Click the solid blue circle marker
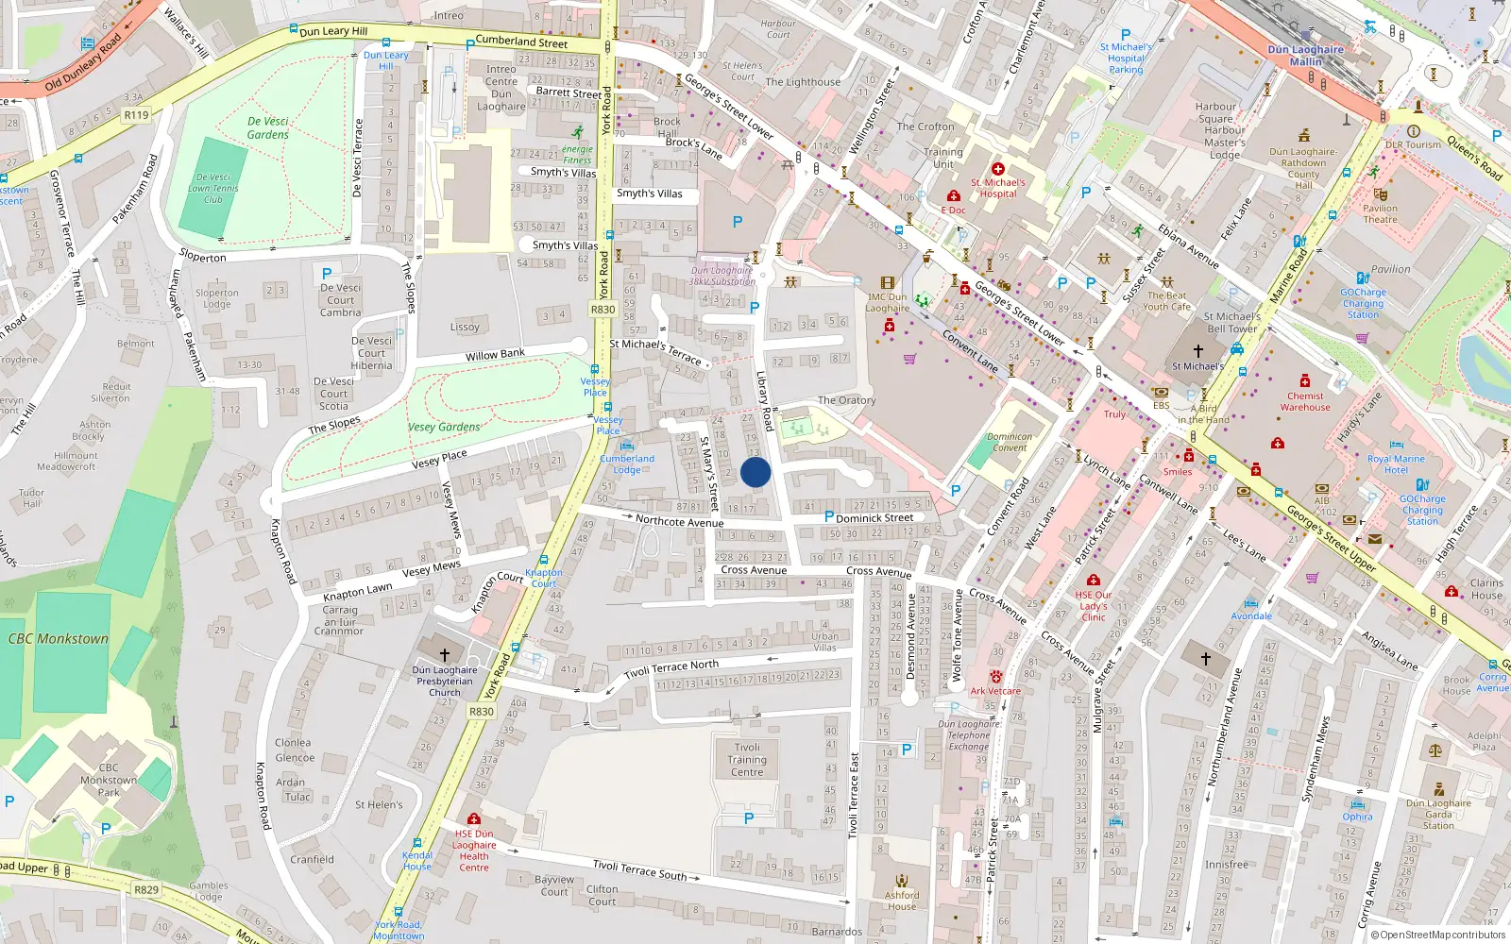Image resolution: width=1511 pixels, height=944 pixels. click(755, 472)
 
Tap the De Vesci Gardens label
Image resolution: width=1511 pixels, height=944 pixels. click(268, 128)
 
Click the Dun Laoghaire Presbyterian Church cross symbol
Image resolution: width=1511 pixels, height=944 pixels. click(444, 653)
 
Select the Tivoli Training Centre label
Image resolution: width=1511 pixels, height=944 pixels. click(747, 760)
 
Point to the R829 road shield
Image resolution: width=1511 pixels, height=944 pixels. click(146, 889)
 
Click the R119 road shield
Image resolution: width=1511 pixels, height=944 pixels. click(137, 115)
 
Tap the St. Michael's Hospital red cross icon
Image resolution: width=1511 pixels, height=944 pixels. click(998, 169)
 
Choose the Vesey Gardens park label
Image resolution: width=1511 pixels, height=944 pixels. click(444, 427)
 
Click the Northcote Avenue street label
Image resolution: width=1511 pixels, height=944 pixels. click(679, 521)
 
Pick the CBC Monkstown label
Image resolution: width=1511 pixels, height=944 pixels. click(59, 639)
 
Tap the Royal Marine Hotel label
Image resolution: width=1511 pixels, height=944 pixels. click(1396, 464)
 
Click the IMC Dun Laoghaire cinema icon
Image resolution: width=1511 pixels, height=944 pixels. click(887, 282)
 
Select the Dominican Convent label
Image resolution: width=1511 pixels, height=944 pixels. click(1010, 442)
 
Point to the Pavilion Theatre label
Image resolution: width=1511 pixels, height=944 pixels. click(1380, 213)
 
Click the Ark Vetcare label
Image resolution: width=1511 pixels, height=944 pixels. click(995, 691)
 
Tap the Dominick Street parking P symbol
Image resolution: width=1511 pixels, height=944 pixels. click(829, 516)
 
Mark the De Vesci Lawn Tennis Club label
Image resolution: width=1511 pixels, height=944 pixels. click(212, 188)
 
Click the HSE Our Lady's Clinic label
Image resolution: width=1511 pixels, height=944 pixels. click(1094, 606)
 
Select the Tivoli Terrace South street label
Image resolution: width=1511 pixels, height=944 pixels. click(639, 869)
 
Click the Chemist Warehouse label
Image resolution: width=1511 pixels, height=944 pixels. click(1305, 402)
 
